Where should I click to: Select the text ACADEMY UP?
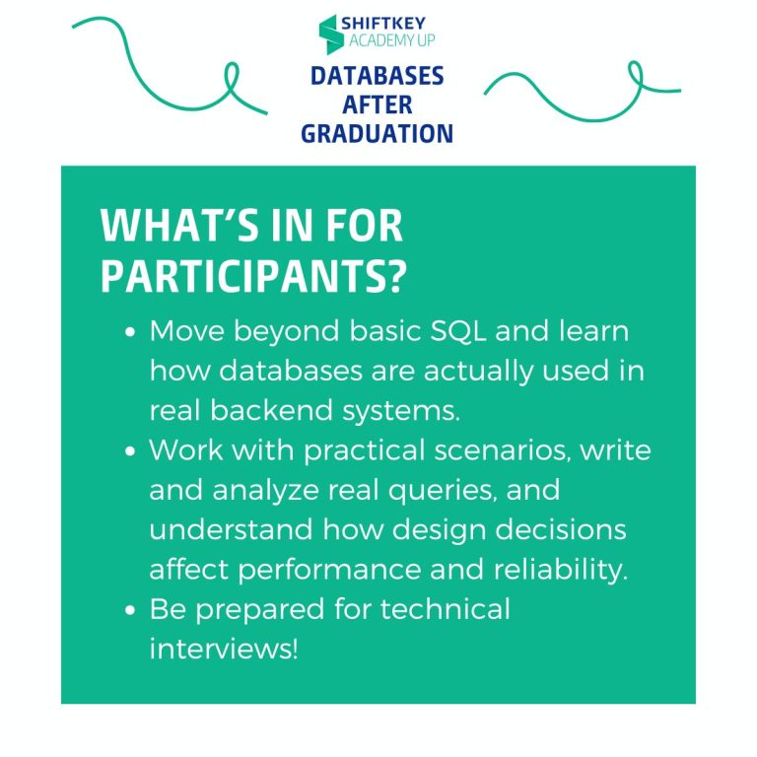tap(392, 42)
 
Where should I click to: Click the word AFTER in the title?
tap(378, 104)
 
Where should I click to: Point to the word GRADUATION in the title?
tap(378, 133)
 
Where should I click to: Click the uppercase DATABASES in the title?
tap(378, 77)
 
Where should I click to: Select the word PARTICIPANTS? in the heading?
tap(253, 279)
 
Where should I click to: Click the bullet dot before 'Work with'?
tap(131, 452)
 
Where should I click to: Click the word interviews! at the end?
tap(223, 650)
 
